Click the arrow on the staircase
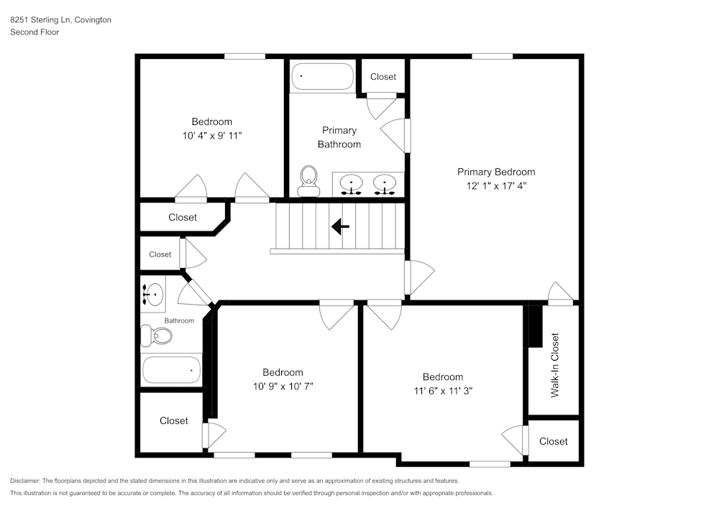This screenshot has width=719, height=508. click(x=340, y=227)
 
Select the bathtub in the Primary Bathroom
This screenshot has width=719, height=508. click(x=322, y=77)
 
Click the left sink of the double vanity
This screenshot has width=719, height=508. click(x=352, y=183)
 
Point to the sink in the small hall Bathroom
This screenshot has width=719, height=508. click(x=153, y=293)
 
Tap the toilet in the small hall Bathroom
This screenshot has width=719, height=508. click(x=157, y=336)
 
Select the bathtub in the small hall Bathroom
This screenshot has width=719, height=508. click(x=171, y=370)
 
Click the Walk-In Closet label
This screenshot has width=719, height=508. click(x=554, y=365)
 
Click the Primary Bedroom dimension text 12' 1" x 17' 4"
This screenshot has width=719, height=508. click(x=496, y=185)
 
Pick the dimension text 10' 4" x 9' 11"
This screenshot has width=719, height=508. click(x=211, y=135)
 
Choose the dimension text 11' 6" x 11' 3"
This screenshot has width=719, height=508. click(x=442, y=391)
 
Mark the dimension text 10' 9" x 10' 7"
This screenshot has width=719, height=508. click(x=283, y=386)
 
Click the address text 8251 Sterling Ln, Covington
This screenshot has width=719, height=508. click(x=60, y=20)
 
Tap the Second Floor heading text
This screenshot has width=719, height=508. click(x=35, y=32)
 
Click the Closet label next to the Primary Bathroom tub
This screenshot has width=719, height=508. click(x=383, y=77)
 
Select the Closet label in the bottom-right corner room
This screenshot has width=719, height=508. click(x=553, y=441)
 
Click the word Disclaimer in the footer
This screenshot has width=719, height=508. click(x=25, y=481)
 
